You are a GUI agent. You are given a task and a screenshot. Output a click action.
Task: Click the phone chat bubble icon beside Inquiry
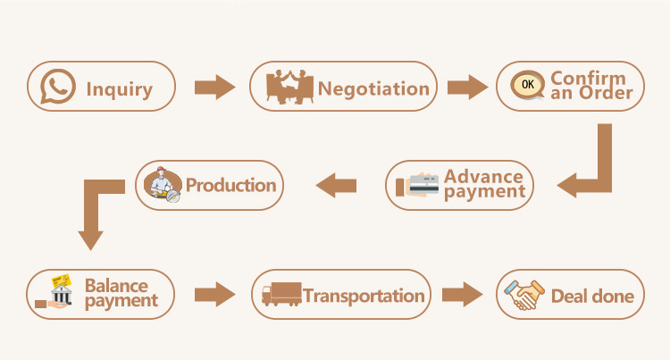click(x=58, y=87)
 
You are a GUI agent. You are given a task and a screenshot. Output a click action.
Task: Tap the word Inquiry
click(x=119, y=89)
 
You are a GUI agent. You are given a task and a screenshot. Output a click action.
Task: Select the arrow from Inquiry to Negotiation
click(x=214, y=88)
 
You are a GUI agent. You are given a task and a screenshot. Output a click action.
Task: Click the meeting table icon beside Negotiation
click(x=289, y=87)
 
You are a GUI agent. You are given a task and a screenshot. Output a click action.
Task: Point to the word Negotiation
click(x=373, y=88)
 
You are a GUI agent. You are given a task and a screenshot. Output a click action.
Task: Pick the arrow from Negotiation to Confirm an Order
click(x=467, y=88)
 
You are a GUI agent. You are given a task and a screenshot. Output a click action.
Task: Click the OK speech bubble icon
click(x=528, y=85)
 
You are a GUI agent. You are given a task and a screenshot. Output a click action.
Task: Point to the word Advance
click(x=483, y=176)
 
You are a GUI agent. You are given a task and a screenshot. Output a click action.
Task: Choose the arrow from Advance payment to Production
click(x=336, y=185)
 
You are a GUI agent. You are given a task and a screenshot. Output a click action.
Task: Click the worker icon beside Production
click(x=163, y=185)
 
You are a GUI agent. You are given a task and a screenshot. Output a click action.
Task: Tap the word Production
click(x=230, y=185)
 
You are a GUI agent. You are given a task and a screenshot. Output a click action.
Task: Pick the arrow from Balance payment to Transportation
click(x=214, y=294)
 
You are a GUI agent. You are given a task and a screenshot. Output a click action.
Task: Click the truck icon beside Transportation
click(x=282, y=294)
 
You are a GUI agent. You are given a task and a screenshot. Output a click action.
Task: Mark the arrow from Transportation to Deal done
click(x=463, y=294)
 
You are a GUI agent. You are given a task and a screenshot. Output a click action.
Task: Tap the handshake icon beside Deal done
click(x=524, y=295)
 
